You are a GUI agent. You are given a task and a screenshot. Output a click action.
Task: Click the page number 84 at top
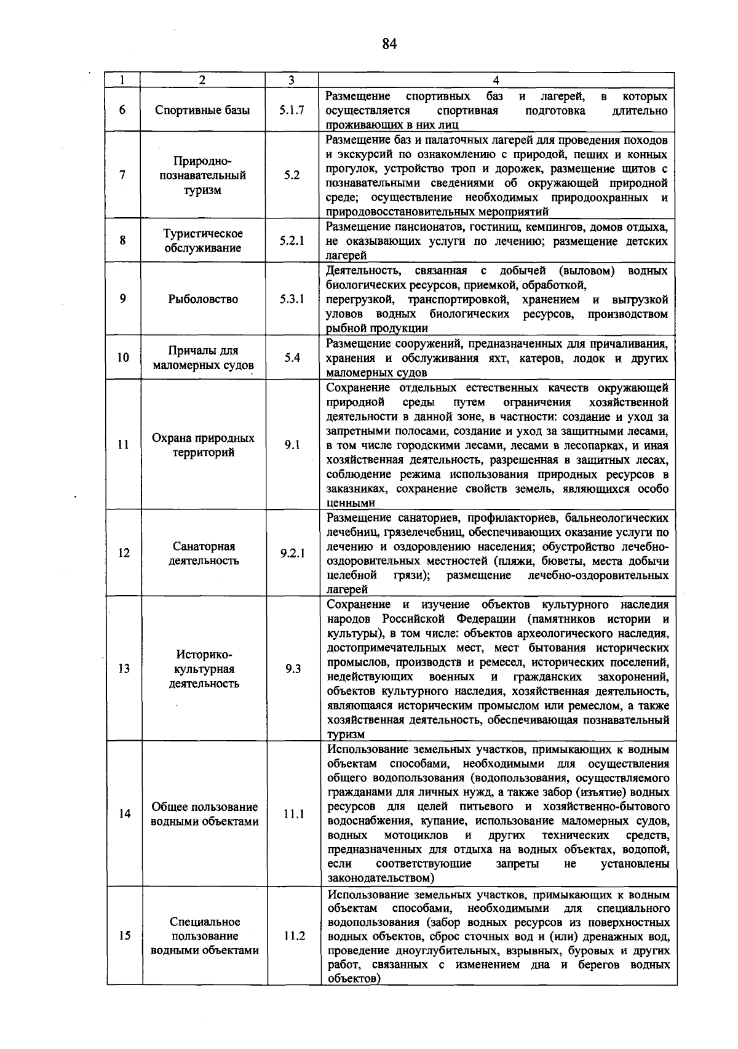coord(389,43)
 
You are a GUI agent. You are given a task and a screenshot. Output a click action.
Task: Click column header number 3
coord(292,80)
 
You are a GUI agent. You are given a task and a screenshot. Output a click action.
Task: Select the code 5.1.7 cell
coord(292,111)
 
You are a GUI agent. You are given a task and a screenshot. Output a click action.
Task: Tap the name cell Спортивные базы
coord(202,111)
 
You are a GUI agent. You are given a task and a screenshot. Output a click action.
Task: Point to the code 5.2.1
coord(292,241)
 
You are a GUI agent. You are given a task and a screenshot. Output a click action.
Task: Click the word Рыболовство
coord(203,299)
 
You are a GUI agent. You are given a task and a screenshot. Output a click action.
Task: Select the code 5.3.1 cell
coord(292,299)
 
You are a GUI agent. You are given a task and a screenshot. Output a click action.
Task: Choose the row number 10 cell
coord(123,357)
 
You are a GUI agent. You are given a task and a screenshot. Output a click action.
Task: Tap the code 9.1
coord(292,445)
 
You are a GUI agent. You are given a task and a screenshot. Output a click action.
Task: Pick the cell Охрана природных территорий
coord(203,445)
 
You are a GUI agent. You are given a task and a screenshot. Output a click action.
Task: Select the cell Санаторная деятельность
coord(204,553)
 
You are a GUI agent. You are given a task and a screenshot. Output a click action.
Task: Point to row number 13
coord(124,669)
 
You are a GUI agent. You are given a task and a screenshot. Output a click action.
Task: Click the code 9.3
coord(293,669)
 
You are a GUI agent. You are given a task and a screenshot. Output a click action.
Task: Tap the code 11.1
coord(294,814)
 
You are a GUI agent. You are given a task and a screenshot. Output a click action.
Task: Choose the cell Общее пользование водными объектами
coord(204,814)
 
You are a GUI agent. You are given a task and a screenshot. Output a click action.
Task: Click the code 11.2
coord(294,936)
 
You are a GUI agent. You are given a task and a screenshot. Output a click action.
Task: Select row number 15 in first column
coord(124,936)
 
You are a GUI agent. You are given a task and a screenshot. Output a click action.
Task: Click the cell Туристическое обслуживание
coord(202,241)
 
